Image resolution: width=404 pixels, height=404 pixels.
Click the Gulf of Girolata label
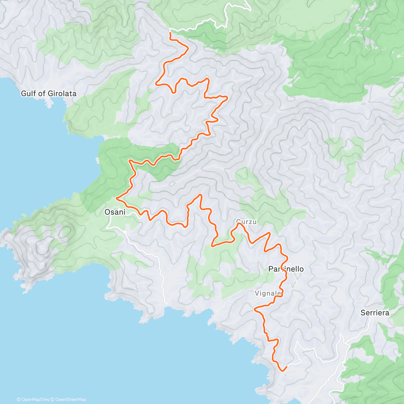tap(49, 94)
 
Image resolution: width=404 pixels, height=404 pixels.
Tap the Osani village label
tap(115, 212)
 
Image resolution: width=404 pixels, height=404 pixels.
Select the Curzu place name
tap(246, 222)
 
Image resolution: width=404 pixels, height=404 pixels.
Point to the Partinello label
tap(286, 269)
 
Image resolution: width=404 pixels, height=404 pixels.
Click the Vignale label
tap(267, 293)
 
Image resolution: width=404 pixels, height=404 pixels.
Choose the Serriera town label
tap(375, 313)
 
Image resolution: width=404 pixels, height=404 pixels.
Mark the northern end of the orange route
tap(170, 33)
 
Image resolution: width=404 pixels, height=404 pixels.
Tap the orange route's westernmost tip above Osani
tap(116, 198)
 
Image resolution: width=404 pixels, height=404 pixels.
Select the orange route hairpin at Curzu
tap(239, 224)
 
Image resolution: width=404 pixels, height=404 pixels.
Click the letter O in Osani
tap(107, 212)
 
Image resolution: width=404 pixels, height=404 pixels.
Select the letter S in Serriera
tap(363, 313)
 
